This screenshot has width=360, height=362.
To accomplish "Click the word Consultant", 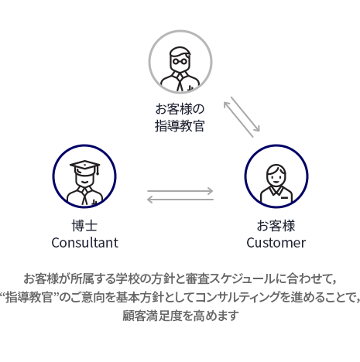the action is (x=84, y=243).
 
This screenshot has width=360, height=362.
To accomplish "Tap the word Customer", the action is (x=276, y=243).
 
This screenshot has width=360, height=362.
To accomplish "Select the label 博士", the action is (x=84, y=226).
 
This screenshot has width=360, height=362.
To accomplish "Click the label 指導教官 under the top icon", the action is (x=180, y=126).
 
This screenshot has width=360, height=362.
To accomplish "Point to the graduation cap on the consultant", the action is (x=85, y=168).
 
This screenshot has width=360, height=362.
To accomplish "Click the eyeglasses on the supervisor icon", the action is (x=180, y=61).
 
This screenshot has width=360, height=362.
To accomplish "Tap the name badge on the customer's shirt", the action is (x=284, y=198).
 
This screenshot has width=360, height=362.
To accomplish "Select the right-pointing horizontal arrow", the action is (x=180, y=191).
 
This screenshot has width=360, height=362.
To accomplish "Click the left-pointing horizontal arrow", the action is (x=180, y=200).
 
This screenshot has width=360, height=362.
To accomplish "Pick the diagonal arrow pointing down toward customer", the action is (x=245, y=114).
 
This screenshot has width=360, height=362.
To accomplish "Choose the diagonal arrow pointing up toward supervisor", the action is (x=238, y=119).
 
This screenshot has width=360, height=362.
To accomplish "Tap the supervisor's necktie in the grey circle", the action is (x=180, y=82).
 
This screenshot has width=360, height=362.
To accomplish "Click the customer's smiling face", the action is (x=276, y=176).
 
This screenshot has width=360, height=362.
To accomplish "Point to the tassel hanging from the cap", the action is (x=98, y=169).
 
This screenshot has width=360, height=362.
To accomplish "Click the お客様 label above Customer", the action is (x=276, y=226).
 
